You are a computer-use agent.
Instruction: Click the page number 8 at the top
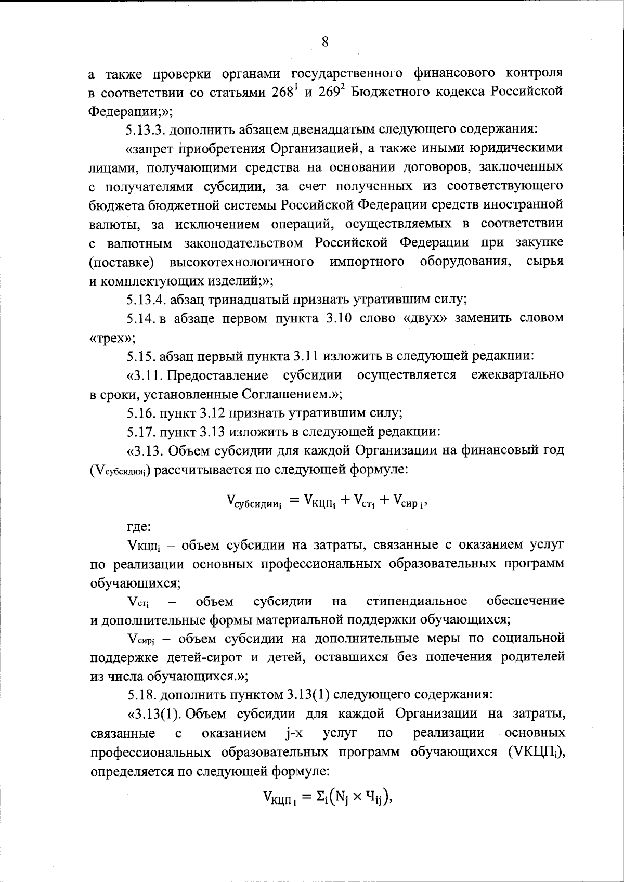pos(324,42)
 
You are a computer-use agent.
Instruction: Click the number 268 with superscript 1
pos(284,92)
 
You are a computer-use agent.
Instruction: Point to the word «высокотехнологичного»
pos(242,262)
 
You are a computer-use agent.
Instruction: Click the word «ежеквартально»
pos(517,375)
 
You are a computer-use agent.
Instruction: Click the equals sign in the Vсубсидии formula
pos(295,500)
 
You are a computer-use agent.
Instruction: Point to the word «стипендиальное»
pos(417,602)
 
